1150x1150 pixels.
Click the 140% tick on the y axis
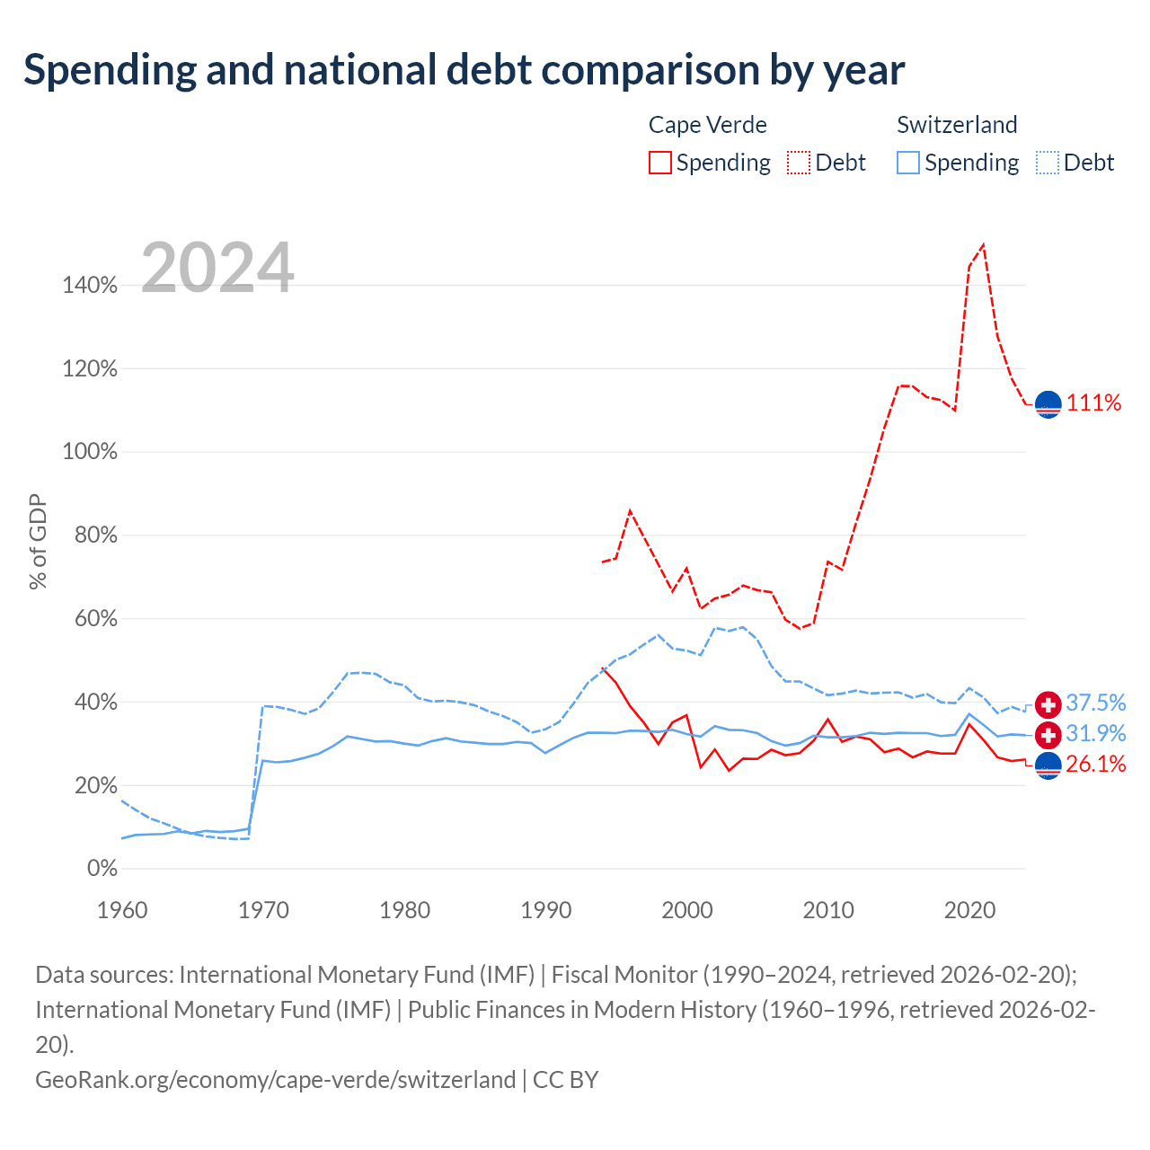[x=90, y=285]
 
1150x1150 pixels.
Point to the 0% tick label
[x=102, y=868]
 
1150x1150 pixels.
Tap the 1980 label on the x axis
[x=404, y=910]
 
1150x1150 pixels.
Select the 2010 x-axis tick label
[x=827, y=910]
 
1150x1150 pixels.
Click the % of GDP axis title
[x=38, y=541]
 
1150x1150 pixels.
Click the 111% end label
[x=1093, y=402]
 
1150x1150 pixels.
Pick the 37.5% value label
[x=1096, y=703]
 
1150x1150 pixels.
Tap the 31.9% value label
[x=1096, y=733]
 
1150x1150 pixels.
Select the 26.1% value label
[x=1096, y=764]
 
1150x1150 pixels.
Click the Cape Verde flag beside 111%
[x=1048, y=404]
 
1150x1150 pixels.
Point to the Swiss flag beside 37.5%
[x=1048, y=704]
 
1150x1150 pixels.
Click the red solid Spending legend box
[x=660, y=163]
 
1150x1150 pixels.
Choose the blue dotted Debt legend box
[x=1048, y=163]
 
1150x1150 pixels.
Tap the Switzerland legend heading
[x=957, y=125]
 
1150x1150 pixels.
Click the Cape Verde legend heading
[x=707, y=125]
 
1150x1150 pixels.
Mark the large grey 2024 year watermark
[x=217, y=267]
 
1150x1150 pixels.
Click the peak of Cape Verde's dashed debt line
[x=983, y=244]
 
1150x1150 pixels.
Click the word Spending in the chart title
[x=111, y=71]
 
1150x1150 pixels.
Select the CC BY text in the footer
[x=565, y=1080]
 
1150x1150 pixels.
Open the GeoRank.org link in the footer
[x=275, y=1080]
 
